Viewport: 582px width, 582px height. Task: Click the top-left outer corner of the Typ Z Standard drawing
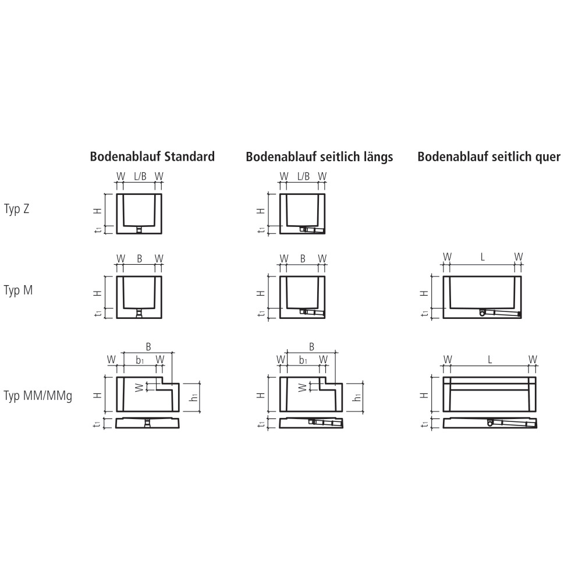coord(117,194)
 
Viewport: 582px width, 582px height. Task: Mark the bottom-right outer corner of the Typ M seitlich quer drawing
coord(521,318)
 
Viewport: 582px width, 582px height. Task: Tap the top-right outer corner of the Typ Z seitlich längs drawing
coord(325,194)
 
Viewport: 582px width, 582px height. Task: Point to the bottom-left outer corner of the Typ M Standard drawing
coord(117,318)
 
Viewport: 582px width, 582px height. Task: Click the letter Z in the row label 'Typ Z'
coord(26,209)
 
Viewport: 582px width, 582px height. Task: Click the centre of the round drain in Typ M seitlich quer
coord(482,313)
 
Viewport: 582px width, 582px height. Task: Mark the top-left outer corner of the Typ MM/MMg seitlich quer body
coord(443,378)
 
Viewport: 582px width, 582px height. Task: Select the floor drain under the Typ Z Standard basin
coord(139,230)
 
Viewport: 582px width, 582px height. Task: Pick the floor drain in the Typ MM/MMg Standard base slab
coord(148,423)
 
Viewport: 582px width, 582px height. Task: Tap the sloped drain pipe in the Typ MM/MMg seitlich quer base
coord(512,423)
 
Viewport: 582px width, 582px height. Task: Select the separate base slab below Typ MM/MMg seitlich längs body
coord(311,423)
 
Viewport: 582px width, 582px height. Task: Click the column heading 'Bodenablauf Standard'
coord(152,156)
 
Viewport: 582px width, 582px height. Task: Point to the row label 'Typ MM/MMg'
coord(38,396)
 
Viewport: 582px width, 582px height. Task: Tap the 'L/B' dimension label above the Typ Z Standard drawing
coord(140,176)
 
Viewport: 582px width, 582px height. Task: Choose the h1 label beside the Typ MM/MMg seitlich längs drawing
coord(357,396)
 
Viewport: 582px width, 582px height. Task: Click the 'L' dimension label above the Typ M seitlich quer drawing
coord(482,257)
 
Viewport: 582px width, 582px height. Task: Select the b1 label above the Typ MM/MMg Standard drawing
coord(140,360)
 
